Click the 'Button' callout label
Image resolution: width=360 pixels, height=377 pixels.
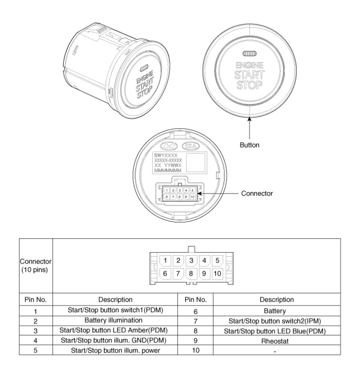coord(249,145)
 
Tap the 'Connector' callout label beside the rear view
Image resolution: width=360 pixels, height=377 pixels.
coord(257,193)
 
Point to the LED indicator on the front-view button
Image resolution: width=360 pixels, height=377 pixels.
coord(249,54)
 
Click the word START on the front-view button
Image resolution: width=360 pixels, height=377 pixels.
coord(249,75)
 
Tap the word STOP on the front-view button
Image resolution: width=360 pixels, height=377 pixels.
coord(249,85)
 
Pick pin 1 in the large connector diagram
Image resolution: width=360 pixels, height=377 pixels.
coord(165,260)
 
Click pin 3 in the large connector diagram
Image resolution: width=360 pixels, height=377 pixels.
coord(191,260)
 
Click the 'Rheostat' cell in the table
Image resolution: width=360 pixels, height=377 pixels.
coord(276,341)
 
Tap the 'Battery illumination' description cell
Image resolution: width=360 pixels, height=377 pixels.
coord(113,321)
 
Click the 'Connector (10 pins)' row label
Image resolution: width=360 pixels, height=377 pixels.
coord(36,265)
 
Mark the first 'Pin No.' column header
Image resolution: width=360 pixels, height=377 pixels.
coord(36,300)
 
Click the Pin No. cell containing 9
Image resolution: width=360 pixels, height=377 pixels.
coord(195,341)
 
